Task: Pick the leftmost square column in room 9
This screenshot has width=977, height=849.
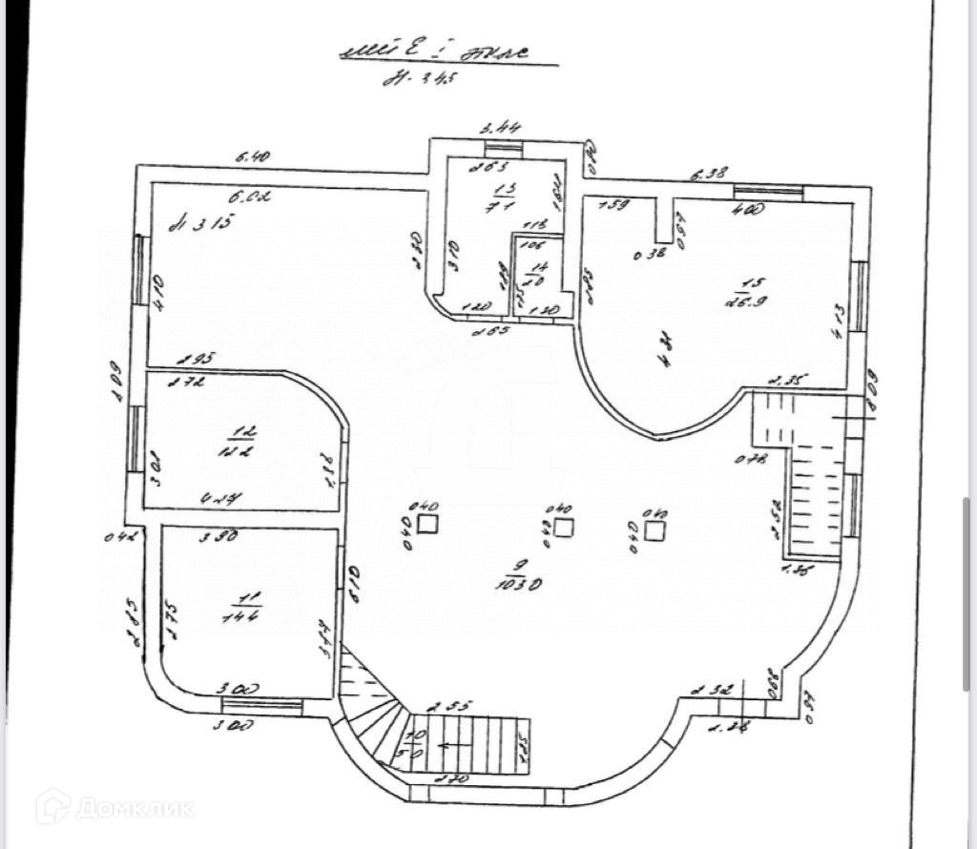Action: (427, 523)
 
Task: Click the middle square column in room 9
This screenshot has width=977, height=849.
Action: (564, 527)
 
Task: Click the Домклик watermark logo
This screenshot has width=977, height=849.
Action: (114, 807)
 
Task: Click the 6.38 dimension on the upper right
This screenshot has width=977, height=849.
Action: (709, 174)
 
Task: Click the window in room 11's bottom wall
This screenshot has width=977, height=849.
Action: (261, 706)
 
